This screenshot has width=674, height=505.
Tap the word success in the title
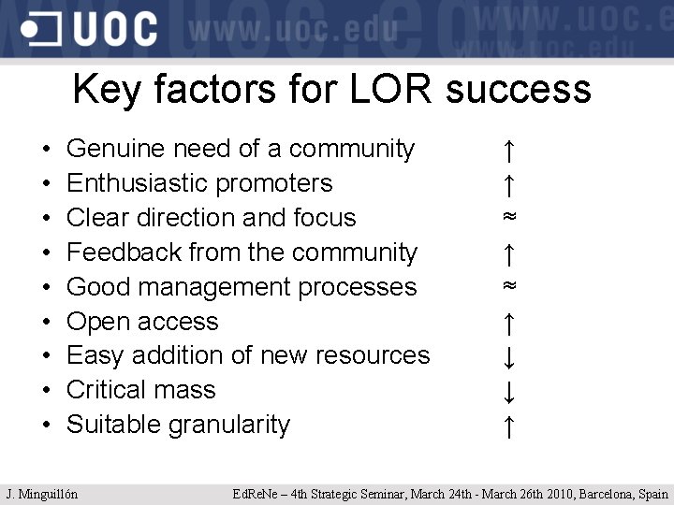click(x=519, y=90)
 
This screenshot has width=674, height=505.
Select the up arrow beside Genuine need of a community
click(x=507, y=150)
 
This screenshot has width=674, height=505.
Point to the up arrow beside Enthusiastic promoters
click(x=507, y=184)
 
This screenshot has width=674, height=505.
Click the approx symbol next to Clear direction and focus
click(x=508, y=217)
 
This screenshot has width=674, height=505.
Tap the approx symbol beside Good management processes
click(x=508, y=286)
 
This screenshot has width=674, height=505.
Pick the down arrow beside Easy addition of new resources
click(x=507, y=357)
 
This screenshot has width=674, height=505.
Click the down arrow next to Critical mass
click(x=507, y=391)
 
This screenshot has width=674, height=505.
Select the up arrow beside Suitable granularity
click(x=507, y=426)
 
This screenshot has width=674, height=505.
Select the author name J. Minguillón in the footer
click(x=41, y=494)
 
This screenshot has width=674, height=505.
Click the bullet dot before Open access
click(x=46, y=323)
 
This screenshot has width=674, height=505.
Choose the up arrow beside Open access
click(x=507, y=323)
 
